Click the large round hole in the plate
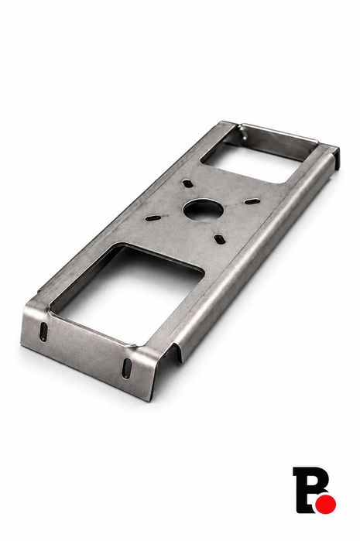[204, 210]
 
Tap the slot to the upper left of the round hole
[188, 183]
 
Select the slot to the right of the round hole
[252, 200]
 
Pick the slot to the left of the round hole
[153, 218]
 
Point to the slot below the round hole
[219, 238]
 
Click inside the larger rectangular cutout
[129, 289]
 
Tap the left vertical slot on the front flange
[44, 331]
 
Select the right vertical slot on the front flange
[127, 368]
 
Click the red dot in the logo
[326, 505]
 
